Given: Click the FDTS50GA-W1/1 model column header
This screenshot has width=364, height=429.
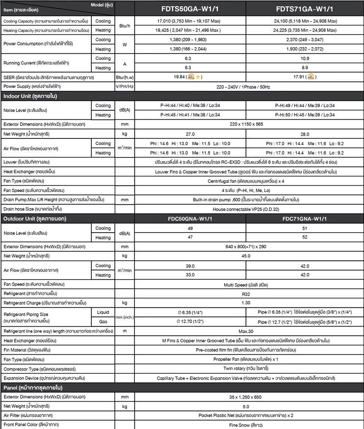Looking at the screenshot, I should pyautogui.click(x=190, y=8).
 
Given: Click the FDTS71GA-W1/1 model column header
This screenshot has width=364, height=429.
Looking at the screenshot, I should pyautogui.click(x=305, y=8).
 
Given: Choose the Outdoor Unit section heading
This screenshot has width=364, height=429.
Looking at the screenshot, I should pyautogui.click(x=34, y=218).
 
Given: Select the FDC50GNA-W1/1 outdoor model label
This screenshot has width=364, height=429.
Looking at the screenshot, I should pyautogui.click(x=190, y=218).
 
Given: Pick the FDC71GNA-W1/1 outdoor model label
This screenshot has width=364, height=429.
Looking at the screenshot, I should pyautogui.click(x=305, y=218).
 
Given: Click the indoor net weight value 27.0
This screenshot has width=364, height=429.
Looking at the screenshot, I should pyautogui.click(x=190, y=134).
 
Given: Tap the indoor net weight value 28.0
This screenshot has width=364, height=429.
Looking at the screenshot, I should pyautogui.click(x=305, y=134).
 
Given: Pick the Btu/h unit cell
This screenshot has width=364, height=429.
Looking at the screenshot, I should pyautogui.click(x=124, y=26).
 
